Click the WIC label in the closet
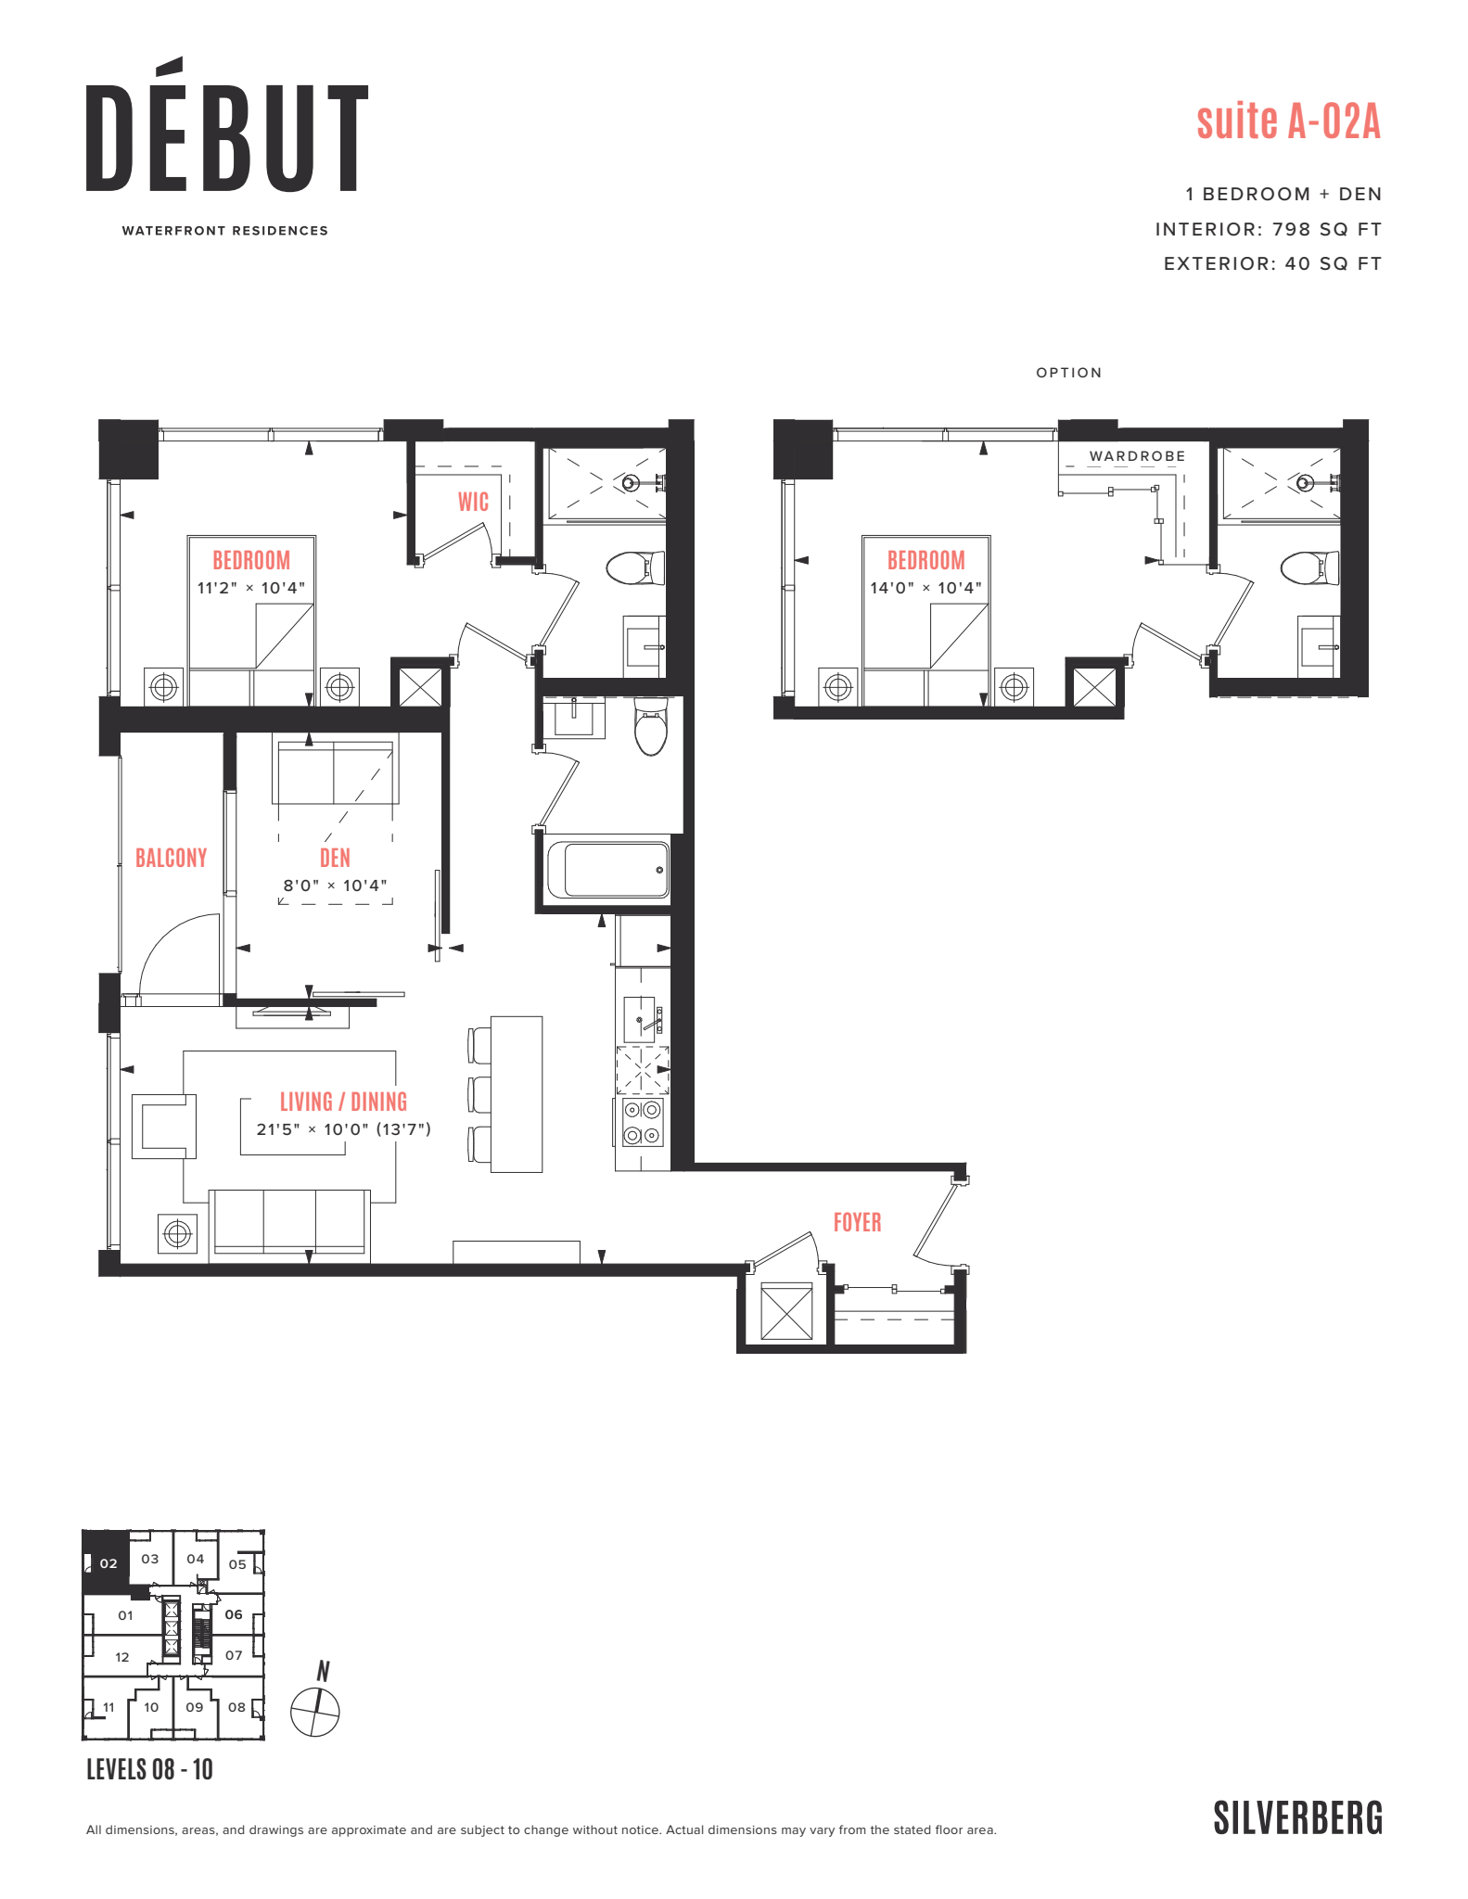[473, 502]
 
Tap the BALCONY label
[172, 858]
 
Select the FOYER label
[857, 1222]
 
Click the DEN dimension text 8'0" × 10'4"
[335, 886]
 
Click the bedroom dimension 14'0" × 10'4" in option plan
[925, 588]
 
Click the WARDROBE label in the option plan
[1137, 456]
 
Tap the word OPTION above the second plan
[1068, 373]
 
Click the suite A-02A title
[1288, 121]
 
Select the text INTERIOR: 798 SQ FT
[1268, 229]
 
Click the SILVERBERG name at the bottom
[1297, 1818]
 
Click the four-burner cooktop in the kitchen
[642, 1122]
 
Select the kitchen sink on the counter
[642, 1018]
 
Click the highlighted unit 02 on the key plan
[108, 1563]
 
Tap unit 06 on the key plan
[234, 1614]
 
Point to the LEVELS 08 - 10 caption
[149, 1770]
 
